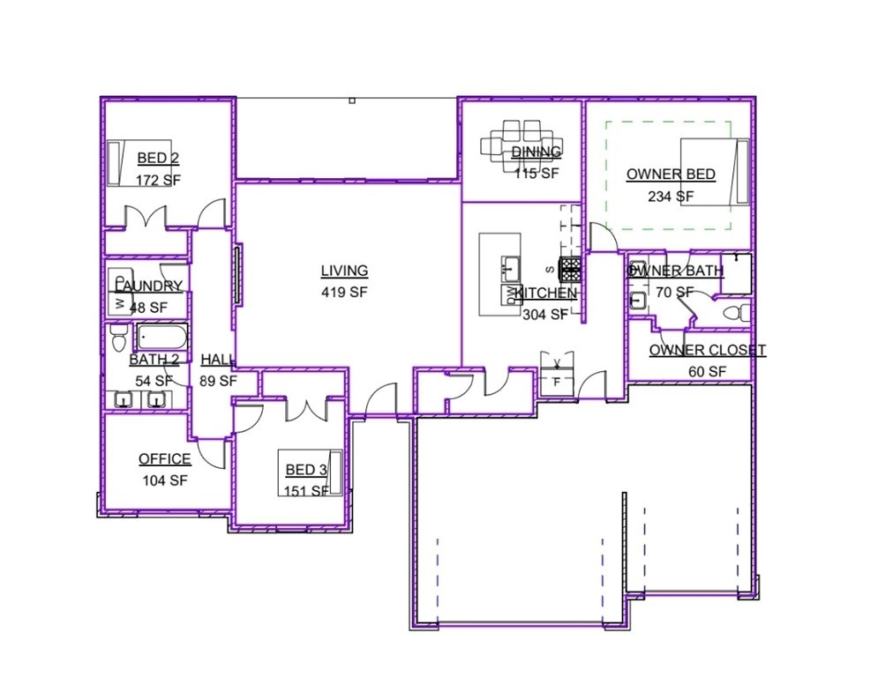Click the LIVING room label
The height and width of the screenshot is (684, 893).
344,271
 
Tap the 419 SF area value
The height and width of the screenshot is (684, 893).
344,292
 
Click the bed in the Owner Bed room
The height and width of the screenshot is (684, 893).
715,171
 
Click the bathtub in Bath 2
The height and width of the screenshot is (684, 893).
162,338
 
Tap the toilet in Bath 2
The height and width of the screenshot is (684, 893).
116,338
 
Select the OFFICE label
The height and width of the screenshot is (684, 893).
164,459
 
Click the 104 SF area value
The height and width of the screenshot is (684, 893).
164,480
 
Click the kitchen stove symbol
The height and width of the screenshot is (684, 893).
569,267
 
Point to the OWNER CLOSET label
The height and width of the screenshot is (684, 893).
708,350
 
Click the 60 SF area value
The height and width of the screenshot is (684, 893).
707,371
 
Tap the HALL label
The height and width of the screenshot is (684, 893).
217,359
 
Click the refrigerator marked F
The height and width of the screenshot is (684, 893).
557,383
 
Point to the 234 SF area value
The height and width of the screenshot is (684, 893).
671,196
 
